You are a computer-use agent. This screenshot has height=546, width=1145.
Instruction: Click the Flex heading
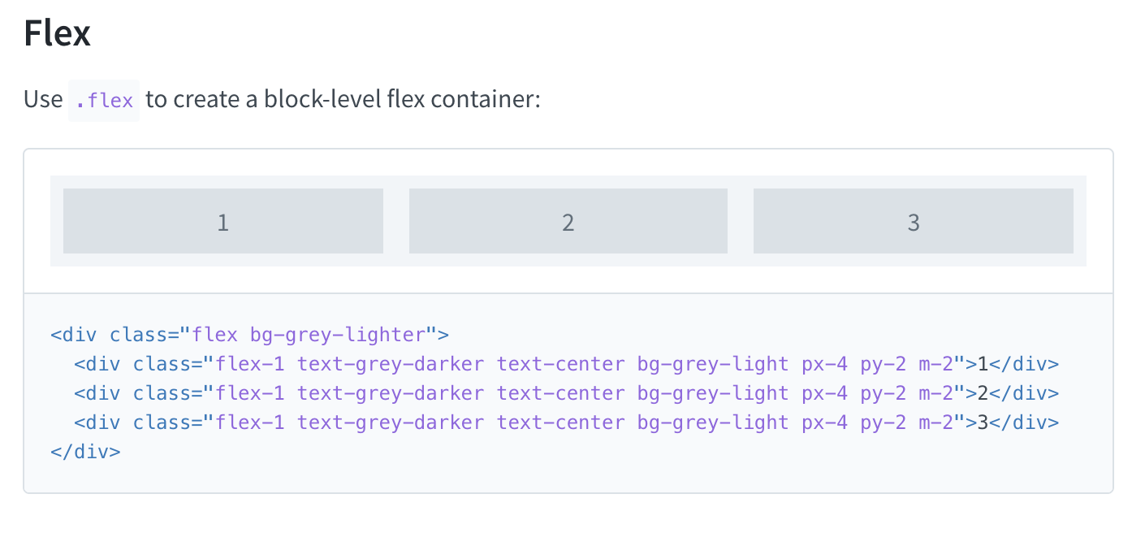[57, 34]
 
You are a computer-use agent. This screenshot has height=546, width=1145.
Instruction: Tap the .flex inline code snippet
[104, 100]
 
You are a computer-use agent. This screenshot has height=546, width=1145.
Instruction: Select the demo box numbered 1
[223, 221]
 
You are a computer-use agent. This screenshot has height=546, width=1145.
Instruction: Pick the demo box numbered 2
[568, 221]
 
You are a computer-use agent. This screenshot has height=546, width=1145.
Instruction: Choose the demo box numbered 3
[914, 221]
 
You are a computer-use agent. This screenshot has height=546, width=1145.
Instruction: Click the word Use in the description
[43, 100]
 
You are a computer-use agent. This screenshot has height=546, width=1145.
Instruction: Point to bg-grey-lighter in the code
[338, 335]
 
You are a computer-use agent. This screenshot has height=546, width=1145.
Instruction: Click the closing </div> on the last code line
[85, 452]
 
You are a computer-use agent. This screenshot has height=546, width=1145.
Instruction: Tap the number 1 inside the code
[983, 364]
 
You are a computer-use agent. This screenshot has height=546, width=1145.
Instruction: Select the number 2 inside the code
[983, 393]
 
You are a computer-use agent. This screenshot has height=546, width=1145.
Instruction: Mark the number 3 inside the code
[983, 422]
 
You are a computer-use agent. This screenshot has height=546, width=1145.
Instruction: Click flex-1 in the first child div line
[250, 364]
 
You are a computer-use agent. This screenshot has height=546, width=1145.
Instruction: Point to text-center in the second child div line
[561, 393]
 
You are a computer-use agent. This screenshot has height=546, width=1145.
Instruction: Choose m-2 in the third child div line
[935, 422]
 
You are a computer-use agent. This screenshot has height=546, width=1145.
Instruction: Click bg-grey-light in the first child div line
[713, 364]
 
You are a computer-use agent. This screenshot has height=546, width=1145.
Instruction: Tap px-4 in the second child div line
[824, 393]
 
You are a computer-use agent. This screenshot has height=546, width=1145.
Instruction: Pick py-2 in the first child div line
[884, 364]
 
